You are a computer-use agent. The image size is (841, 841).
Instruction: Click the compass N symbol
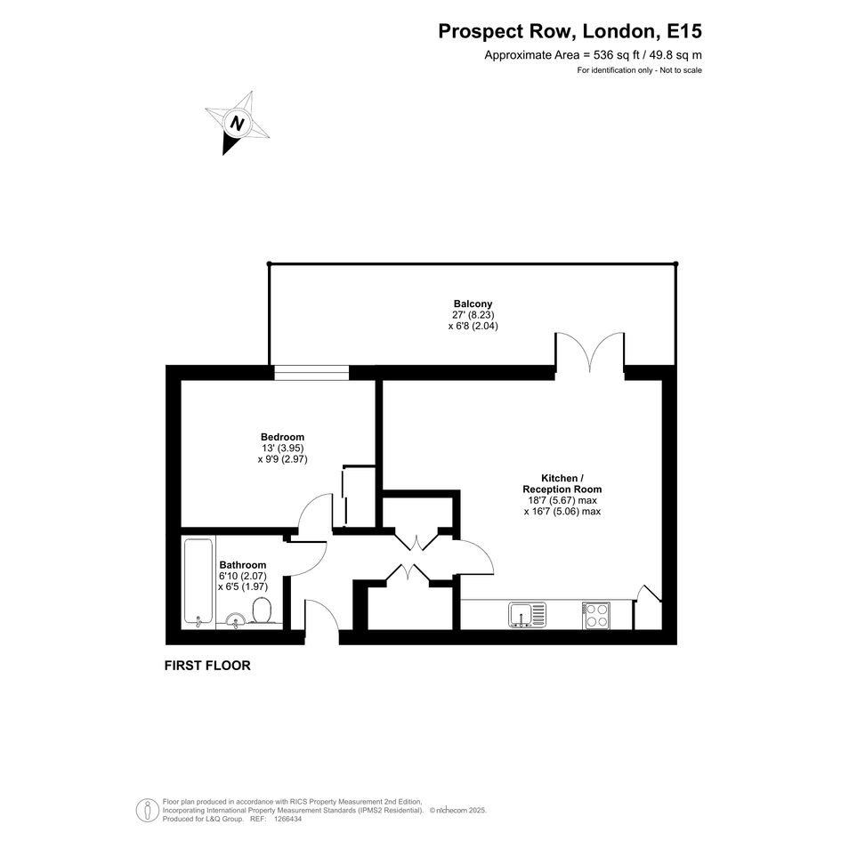[237, 124]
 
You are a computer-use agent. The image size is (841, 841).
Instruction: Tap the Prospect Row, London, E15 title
[570, 31]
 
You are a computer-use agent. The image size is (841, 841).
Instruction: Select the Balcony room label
[473, 303]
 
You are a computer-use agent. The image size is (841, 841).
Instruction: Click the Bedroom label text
[282, 437]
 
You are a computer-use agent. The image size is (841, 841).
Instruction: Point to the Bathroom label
[242, 565]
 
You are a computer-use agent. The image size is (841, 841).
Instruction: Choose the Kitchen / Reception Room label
[562, 483]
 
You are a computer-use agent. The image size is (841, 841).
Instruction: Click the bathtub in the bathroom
[198, 582]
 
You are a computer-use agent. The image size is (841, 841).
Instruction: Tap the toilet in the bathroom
[262, 611]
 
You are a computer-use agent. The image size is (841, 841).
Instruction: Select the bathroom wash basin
[235, 620]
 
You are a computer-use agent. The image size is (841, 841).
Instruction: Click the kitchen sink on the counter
[527, 615]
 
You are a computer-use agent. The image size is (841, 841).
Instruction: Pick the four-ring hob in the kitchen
[595, 615]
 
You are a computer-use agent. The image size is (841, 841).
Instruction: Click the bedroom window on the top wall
[311, 373]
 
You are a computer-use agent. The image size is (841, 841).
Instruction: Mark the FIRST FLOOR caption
[207, 665]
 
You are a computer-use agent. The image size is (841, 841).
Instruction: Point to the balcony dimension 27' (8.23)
[473, 315]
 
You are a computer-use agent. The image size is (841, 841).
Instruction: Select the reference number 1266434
[287, 819]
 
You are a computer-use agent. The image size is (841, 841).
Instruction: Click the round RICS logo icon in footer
[147, 810]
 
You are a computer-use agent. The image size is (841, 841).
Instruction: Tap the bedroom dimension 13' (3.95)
[283, 448]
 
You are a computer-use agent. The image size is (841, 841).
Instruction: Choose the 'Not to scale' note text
[681, 70]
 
